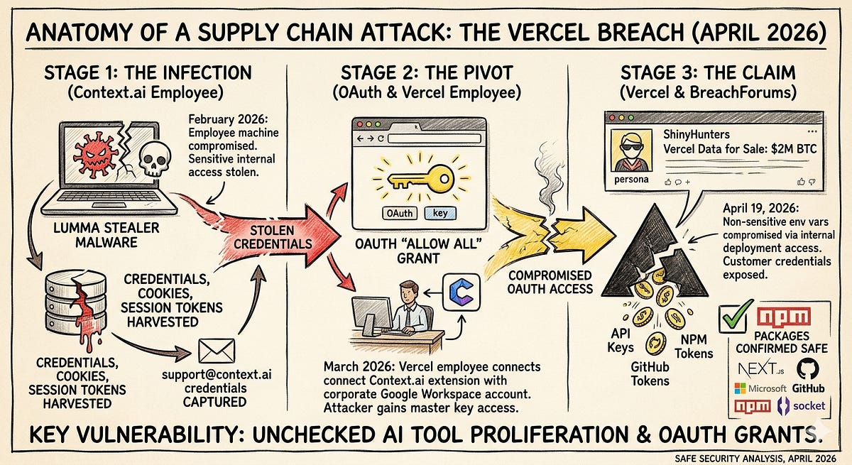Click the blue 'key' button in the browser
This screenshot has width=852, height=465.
tap(440, 212)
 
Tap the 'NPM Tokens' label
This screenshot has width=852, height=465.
tap(694, 346)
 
